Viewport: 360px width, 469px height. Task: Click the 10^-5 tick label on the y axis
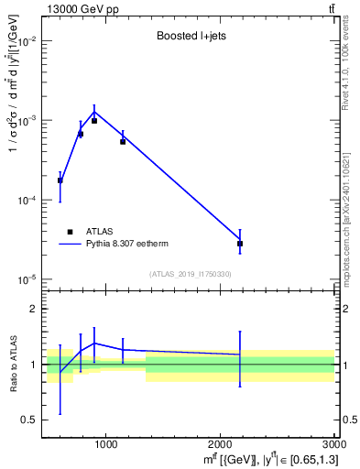pyautogui.click(x=26, y=278)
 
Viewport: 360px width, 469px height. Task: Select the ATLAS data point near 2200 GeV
pyautogui.click(x=240, y=244)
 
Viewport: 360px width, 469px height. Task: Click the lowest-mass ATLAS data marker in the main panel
pyautogui.click(x=60, y=180)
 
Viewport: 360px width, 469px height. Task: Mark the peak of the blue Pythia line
pyautogui.click(x=94, y=113)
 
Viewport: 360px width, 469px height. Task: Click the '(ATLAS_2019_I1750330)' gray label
pyautogui.click(x=191, y=274)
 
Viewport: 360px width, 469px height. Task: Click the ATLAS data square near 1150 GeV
pyautogui.click(x=123, y=142)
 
